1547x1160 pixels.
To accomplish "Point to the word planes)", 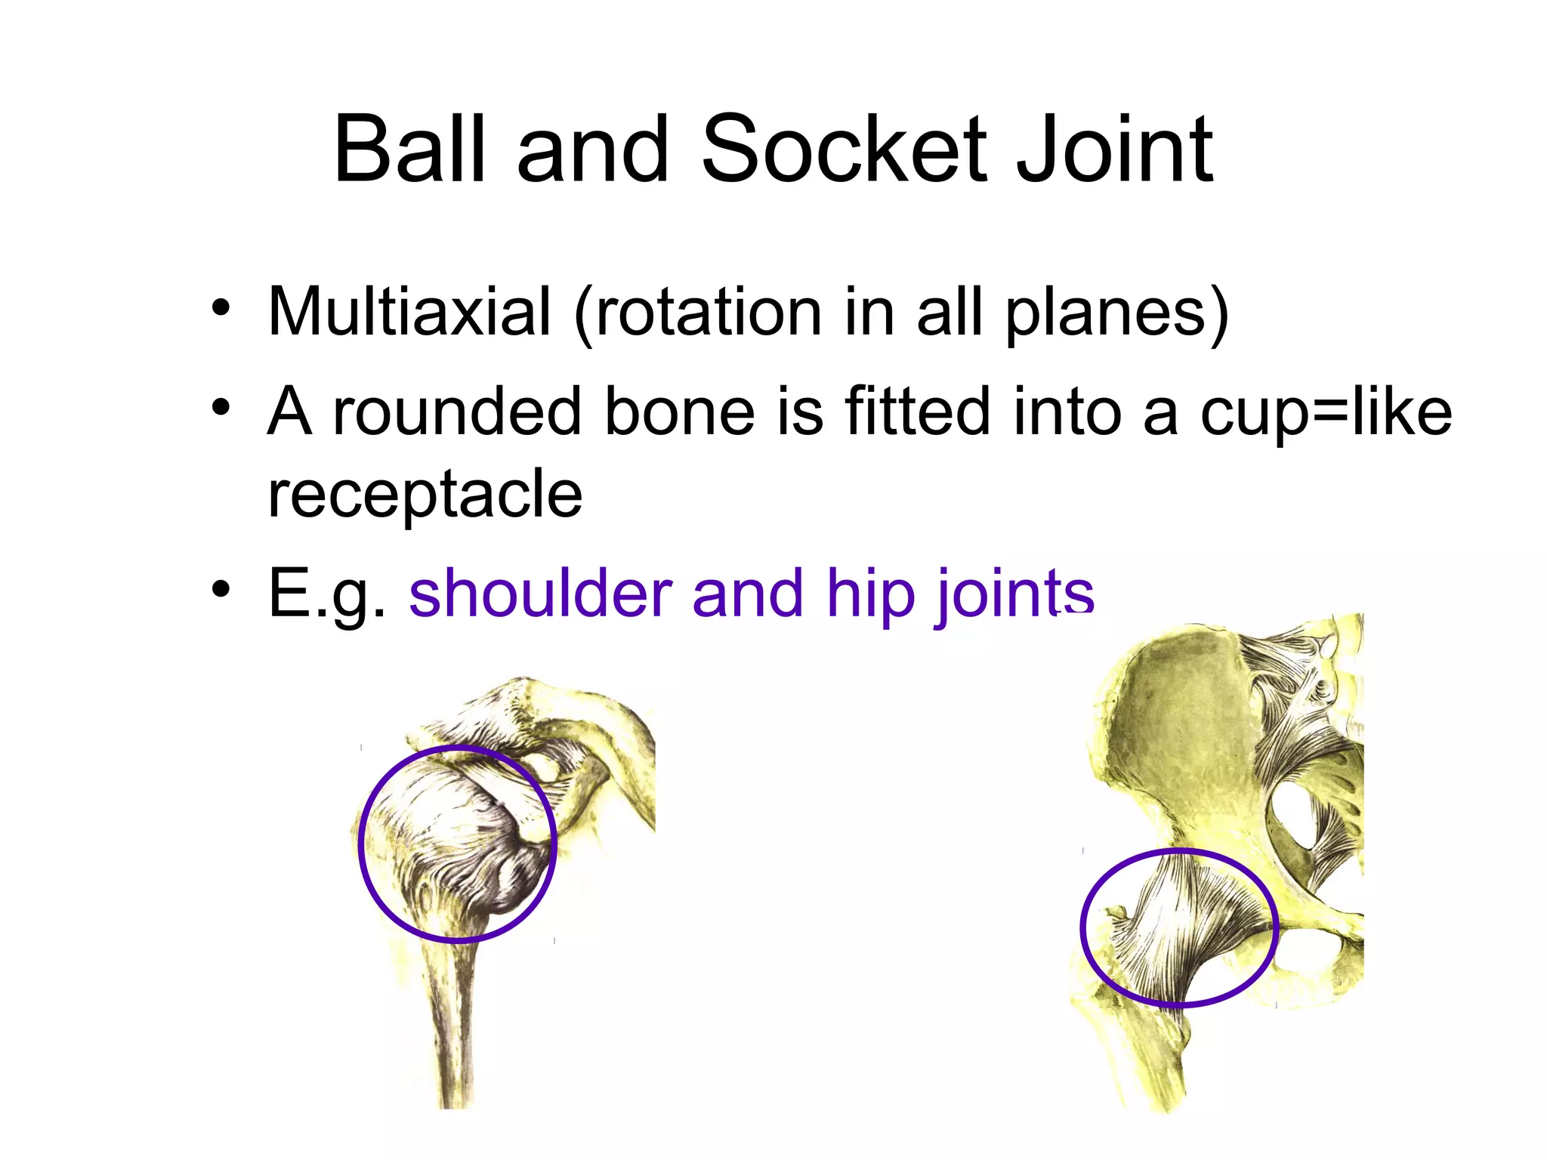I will [1116, 313].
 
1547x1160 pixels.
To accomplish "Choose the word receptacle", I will [425, 495].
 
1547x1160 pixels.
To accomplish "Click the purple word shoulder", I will [540, 594].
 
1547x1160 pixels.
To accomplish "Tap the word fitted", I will [918, 412].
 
